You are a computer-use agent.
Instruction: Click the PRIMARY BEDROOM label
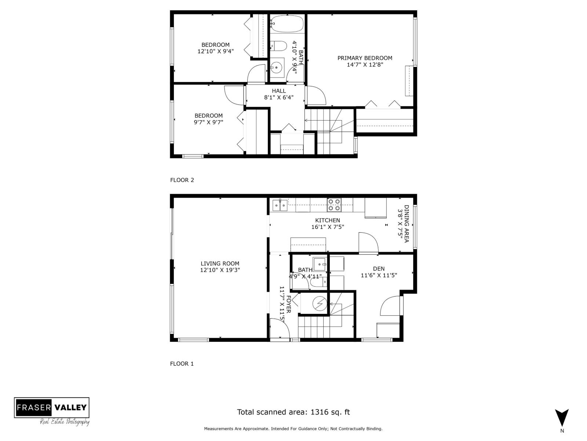pos(365,58)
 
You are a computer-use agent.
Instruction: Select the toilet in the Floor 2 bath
pos(279,46)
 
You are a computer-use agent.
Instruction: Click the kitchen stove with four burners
pos(334,205)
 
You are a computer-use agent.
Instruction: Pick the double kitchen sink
pos(280,205)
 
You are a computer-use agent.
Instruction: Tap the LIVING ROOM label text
pos(220,263)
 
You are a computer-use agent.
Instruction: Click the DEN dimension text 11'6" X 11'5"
pos(379,275)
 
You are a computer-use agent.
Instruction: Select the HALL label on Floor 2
pos(279,91)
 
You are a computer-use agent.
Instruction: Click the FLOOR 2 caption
pos(182,180)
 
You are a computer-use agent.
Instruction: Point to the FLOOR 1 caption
pos(182,364)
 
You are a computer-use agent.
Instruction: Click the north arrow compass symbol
pos(562,418)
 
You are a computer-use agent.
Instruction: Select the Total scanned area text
pos(293,412)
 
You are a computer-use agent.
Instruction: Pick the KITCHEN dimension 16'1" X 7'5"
pos(328,227)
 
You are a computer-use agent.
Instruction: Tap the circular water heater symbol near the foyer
pos(320,304)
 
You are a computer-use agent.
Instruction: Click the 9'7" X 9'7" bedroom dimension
pos(208,122)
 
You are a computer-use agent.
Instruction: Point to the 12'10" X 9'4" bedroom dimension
pos(215,51)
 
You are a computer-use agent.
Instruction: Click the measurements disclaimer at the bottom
pos(293,429)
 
